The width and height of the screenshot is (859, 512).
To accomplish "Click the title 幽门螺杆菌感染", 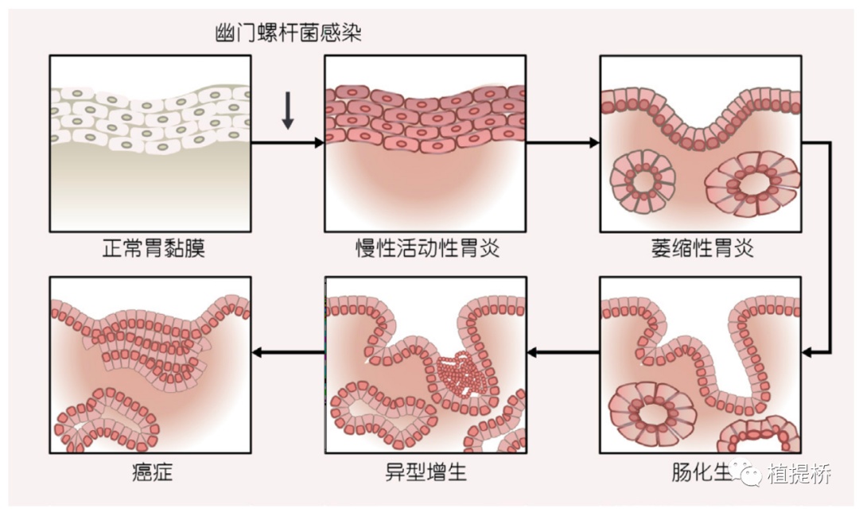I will (290, 33).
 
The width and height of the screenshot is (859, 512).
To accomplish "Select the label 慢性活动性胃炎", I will (426, 249).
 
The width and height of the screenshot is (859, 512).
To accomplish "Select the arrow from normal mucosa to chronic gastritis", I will (288, 143).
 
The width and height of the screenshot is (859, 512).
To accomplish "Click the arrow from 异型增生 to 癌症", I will (288, 350).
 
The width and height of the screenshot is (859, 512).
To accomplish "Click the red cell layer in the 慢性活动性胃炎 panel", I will (426, 117).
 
